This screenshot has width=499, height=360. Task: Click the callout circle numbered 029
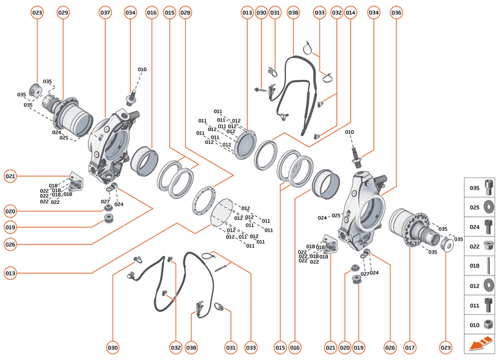(x=63, y=13)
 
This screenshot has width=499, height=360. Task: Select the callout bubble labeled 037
(x=105, y=13)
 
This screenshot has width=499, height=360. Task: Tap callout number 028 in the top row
(x=185, y=13)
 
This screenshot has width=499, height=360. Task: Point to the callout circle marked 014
(x=351, y=13)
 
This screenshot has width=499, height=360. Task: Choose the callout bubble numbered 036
(x=396, y=13)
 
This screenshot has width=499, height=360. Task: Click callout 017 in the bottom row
(x=409, y=348)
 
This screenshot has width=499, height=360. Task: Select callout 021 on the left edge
(x=10, y=175)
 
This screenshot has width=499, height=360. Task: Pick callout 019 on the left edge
(x=10, y=227)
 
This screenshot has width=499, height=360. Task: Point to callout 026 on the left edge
(x=10, y=245)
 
